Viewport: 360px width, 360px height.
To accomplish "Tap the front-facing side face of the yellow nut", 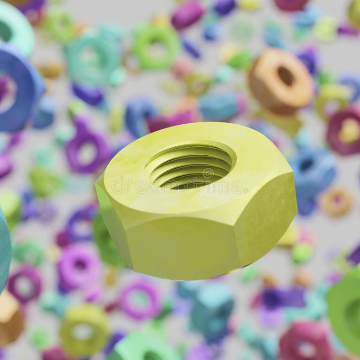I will click(x=183, y=246).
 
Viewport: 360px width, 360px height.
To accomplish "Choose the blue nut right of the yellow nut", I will click(x=312, y=173).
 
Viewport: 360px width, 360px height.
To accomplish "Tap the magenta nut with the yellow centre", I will click(x=345, y=131).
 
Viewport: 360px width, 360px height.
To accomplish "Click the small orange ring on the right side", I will click(x=337, y=202).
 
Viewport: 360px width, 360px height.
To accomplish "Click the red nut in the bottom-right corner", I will click(x=305, y=342).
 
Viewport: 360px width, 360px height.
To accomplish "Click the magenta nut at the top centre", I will click(x=187, y=14).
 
